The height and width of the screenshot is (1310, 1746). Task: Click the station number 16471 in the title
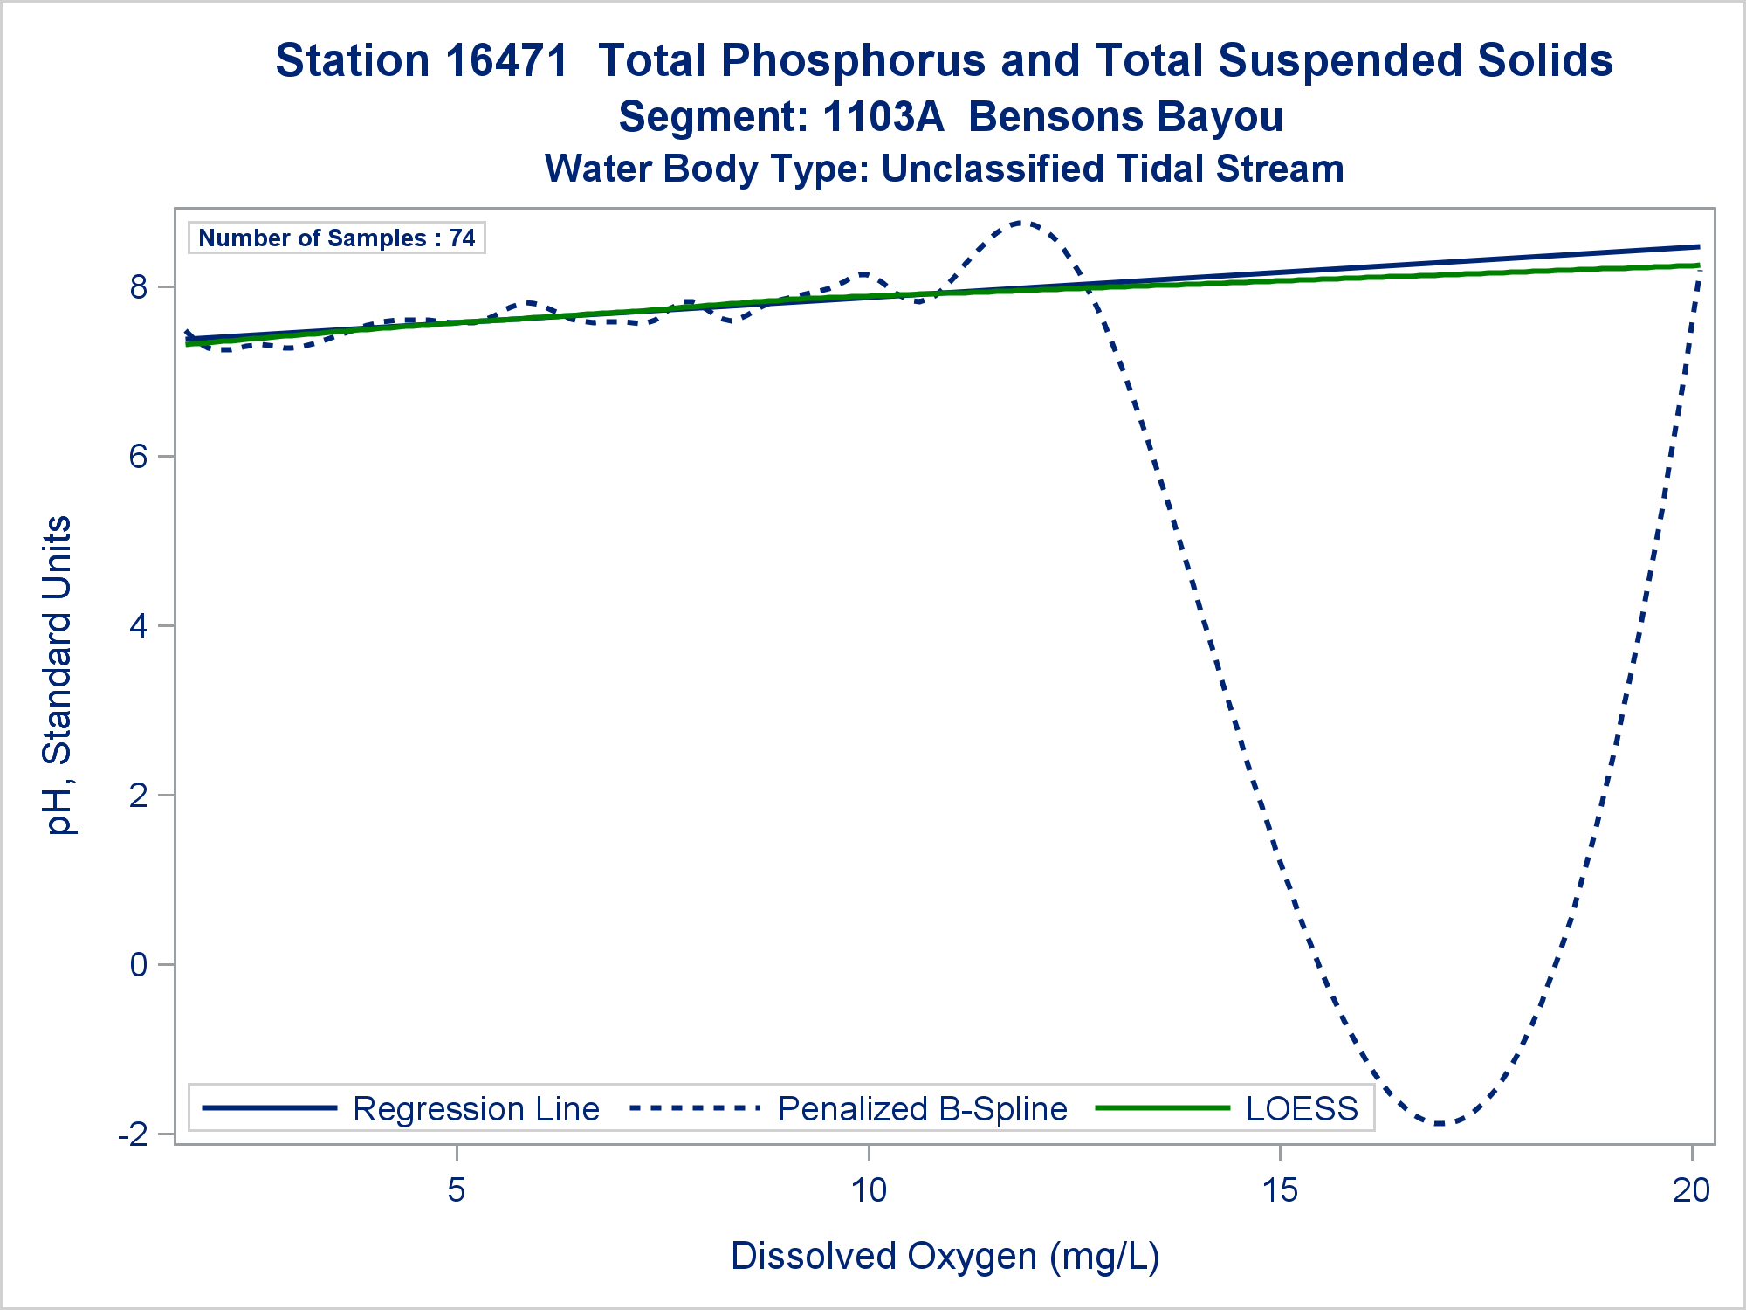[x=507, y=61]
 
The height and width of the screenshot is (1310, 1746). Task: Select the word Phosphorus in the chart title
[x=854, y=61]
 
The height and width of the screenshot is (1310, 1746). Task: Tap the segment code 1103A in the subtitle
[x=883, y=117]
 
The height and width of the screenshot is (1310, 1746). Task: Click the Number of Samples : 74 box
[x=336, y=238]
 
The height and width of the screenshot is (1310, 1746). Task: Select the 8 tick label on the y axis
[x=139, y=287]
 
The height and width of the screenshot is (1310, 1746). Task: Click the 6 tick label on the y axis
[x=139, y=457]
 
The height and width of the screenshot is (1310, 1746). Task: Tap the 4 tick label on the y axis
[x=139, y=626]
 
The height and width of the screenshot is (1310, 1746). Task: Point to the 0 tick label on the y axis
[x=139, y=965]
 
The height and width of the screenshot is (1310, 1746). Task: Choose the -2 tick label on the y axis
[x=133, y=1134]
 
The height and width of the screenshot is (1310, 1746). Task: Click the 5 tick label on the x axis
[x=457, y=1189]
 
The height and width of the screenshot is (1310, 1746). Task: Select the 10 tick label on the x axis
[x=869, y=1189]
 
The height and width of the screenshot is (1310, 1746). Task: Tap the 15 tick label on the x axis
[x=1280, y=1189]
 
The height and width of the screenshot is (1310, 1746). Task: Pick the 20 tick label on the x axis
[x=1691, y=1189]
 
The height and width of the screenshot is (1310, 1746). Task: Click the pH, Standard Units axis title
[x=58, y=675]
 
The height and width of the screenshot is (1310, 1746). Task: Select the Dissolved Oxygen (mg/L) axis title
[x=945, y=1257]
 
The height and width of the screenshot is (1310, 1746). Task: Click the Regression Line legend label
[x=476, y=1109]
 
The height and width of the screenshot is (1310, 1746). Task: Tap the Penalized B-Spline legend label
[x=923, y=1109]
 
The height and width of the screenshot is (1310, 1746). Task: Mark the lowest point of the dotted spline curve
[x=1439, y=1123]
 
